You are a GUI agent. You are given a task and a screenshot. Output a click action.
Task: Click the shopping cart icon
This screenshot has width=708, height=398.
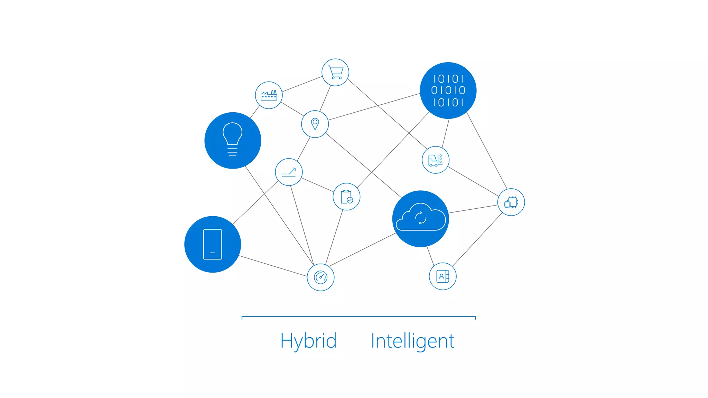(335, 73)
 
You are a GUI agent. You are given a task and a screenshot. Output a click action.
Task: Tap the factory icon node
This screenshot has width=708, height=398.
(269, 95)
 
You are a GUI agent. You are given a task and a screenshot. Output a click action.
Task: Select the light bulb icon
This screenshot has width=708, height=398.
(233, 140)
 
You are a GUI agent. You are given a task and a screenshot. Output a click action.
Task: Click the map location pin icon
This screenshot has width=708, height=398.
(315, 124)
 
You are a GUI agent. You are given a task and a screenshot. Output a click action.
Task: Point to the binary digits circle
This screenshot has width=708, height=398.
(448, 91)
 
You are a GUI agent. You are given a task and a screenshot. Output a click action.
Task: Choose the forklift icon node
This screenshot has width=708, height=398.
(436, 160)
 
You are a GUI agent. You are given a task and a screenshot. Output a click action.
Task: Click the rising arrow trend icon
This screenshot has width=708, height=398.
(289, 172)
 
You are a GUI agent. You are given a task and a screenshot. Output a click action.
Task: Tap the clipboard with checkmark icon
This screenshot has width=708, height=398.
(346, 197)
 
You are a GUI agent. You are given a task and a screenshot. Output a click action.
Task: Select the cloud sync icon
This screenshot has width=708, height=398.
(421, 219)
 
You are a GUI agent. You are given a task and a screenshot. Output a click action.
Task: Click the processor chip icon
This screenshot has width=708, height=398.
(511, 202)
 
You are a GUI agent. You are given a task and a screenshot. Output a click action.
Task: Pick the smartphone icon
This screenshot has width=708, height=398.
(213, 244)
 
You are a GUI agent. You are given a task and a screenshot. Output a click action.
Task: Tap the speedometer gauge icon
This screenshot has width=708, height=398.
(320, 277)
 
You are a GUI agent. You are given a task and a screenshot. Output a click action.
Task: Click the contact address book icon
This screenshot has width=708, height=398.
(442, 276)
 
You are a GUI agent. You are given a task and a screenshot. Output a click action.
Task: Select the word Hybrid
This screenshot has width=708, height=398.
(308, 341)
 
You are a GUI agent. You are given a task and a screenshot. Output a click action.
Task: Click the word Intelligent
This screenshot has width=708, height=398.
(412, 341)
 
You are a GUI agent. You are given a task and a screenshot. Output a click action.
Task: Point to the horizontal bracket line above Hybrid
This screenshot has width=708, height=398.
(358, 316)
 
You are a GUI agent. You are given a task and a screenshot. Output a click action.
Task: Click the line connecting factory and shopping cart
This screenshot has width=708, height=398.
(302, 84)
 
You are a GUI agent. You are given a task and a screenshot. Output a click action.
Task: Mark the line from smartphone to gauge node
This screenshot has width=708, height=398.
(273, 266)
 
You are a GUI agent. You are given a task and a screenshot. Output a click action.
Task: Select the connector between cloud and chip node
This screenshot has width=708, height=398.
(473, 209)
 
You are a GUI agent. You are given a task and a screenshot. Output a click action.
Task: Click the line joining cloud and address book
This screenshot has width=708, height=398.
(430, 256)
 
